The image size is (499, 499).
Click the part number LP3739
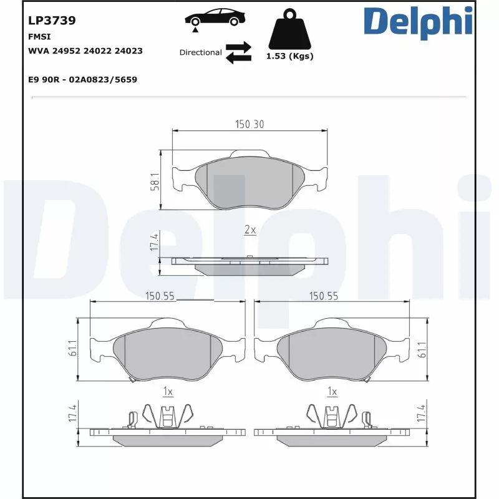click(52, 21)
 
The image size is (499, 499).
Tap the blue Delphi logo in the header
click(418, 22)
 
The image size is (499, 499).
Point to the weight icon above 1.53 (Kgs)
click(290, 29)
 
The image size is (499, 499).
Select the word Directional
click(200, 52)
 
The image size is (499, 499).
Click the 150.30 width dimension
click(249, 124)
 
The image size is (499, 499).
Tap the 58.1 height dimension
click(155, 182)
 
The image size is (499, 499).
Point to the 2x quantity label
click(250, 230)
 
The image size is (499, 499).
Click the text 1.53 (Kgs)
click(289, 56)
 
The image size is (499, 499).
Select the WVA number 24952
click(66, 51)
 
